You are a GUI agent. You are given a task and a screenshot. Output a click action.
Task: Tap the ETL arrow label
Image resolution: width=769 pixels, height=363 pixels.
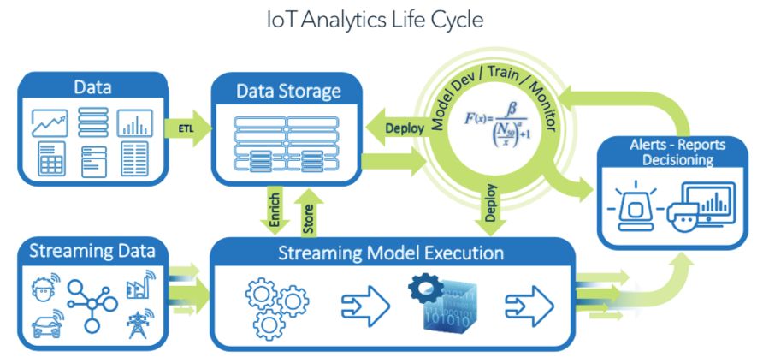pyautogui.click(x=185, y=128)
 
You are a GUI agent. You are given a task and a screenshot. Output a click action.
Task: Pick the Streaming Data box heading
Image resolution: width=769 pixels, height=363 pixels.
pyautogui.click(x=92, y=251)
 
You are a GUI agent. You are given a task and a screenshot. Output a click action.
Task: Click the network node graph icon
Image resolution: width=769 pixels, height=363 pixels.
pyautogui.click(x=92, y=304)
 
